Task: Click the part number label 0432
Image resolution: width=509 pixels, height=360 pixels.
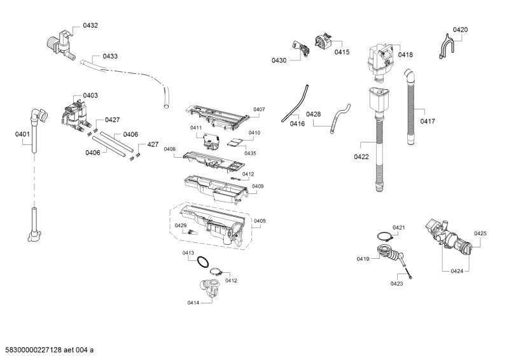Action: click(x=90, y=25)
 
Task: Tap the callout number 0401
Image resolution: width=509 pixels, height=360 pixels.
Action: click(x=22, y=134)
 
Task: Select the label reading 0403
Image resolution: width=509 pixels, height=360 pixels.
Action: click(x=90, y=95)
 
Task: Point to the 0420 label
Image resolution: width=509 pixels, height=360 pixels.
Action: click(x=460, y=30)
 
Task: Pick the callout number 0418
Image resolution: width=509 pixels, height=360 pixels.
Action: click(x=405, y=55)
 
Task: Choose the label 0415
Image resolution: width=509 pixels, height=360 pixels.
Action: click(x=342, y=52)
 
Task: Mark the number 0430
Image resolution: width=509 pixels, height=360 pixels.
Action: click(x=279, y=60)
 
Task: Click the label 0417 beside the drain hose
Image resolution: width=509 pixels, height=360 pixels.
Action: click(x=427, y=121)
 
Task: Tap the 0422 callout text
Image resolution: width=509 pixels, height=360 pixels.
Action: click(x=361, y=156)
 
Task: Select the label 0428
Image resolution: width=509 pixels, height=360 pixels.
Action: click(x=313, y=114)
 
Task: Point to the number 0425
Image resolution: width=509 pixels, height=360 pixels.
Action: click(x=480, y=233)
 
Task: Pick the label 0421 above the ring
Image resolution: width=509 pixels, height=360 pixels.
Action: click(x=399, y=228)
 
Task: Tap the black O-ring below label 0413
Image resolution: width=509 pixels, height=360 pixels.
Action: click(x=203, y=262)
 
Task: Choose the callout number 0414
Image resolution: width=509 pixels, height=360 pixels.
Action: click(x=194, y=303)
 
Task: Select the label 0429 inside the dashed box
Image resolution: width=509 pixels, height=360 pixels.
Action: click(x=181, y=226)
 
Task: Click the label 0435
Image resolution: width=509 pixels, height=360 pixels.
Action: click(x=250, y=153)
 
